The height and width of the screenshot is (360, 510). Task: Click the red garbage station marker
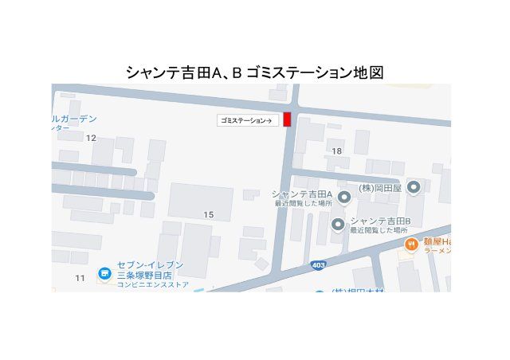click(x=288, y=119)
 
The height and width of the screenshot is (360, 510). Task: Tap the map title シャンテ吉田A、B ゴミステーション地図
click(x=255, y=72)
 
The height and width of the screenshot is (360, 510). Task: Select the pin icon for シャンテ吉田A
click(x=343, y=197)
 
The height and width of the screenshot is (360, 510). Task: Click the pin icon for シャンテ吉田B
click(x=338, y=225)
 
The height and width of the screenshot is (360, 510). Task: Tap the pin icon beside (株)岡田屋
click(x=414, y=188)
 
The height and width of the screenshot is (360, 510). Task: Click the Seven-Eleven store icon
click(x=104, y=274)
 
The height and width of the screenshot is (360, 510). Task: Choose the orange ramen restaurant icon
click(x=411, y=245)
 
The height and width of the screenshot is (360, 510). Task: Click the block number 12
click(x=91, y=138)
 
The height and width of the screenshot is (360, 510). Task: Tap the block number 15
click(x=209, y=215)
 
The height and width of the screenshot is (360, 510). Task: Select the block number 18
click(x=336, y=151)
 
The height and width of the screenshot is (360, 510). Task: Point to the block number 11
click(x=80, y=277)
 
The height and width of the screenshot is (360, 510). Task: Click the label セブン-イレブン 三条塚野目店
click(x=150, y=269)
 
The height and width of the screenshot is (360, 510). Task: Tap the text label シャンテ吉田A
click(x=302, y=194)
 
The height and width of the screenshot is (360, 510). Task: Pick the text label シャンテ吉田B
click(x=380, y=221)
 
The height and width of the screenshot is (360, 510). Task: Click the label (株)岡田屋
click(x=379, y=188)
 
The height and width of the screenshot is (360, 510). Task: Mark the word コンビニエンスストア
click(x=153, y=284)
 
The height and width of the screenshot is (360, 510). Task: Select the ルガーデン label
click(x=73, y=119)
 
